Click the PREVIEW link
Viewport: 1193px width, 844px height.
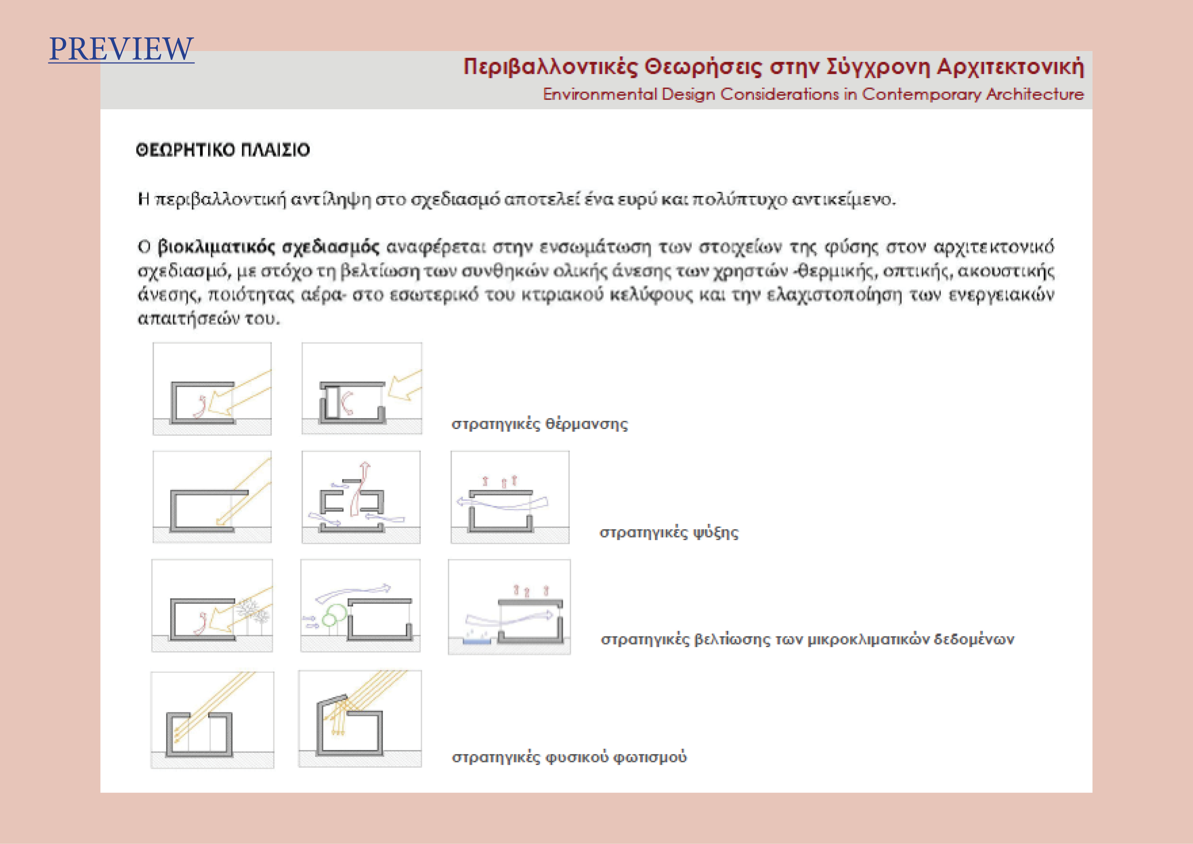[121, 49]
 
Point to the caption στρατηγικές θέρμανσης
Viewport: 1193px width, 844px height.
[539, 424]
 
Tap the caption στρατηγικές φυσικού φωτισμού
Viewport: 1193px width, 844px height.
[569, 757]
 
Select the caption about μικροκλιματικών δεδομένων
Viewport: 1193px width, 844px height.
[807, 639]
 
